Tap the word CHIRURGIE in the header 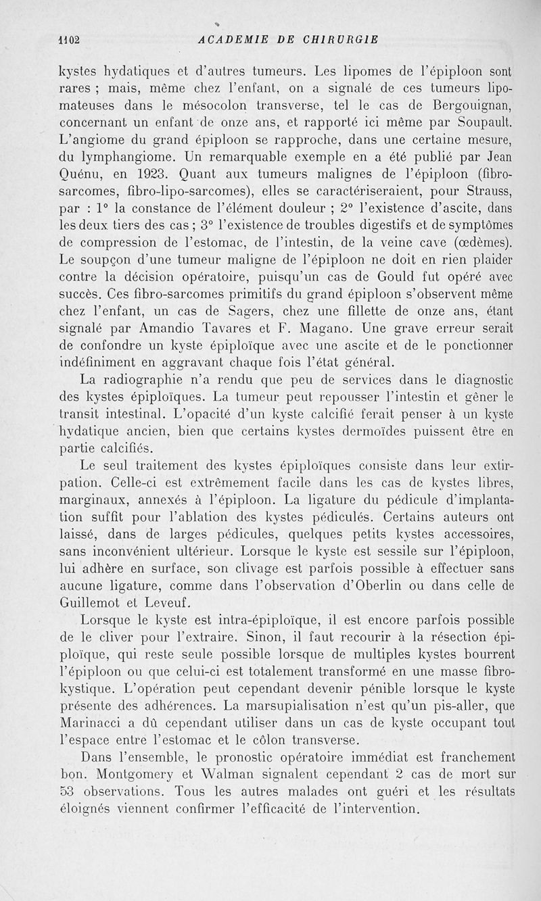coord(342,39)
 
